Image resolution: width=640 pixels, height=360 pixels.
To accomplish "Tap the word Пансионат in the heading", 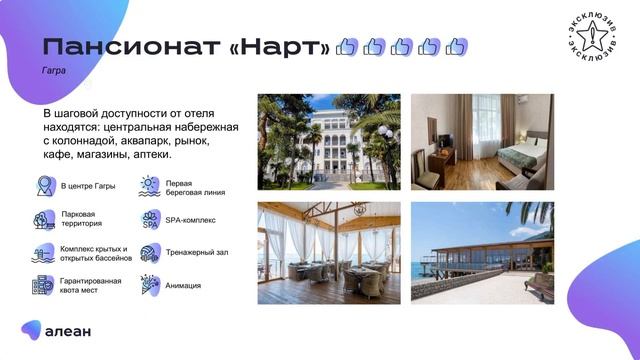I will pyautogui.click(x=130, y=47).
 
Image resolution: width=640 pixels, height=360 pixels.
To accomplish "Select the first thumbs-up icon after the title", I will pyautogui.click(x=347, y=47).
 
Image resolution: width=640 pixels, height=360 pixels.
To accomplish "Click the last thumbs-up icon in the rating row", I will pyautogui.click(x=456, y=47).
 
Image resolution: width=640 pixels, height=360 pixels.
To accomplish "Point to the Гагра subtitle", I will pyautogui.click(x=54, y=72).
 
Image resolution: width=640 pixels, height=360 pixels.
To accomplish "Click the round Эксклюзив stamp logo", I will pyautogui.click(x=590, y=39).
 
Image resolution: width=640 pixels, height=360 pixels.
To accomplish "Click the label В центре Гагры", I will pyautogui.click(x=88, y=186).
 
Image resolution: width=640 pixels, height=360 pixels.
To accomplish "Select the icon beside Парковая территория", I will pyautogui.click(x=44, y=219).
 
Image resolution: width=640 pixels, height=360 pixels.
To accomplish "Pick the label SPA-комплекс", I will pyautogui.click(x=190, y=219).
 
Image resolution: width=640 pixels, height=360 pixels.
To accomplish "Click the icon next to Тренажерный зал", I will pyautogui.click(x=150, y=253).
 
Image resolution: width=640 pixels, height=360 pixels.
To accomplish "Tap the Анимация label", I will pyautogui.click(x=183, y=286).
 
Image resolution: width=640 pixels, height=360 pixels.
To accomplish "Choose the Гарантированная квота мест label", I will pyautogui.click(x=91, y=286).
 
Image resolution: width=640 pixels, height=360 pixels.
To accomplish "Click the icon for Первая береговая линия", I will pyautogui.click(x=150, y=186).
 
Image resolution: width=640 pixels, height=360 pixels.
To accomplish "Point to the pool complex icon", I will pyautogui.click(x=44, y=253).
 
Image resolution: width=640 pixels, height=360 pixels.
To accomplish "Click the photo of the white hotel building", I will pyautogui.click(x=329, y=141).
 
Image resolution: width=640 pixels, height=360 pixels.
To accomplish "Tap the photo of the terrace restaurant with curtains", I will pyautogui.click(x=329, y=253).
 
